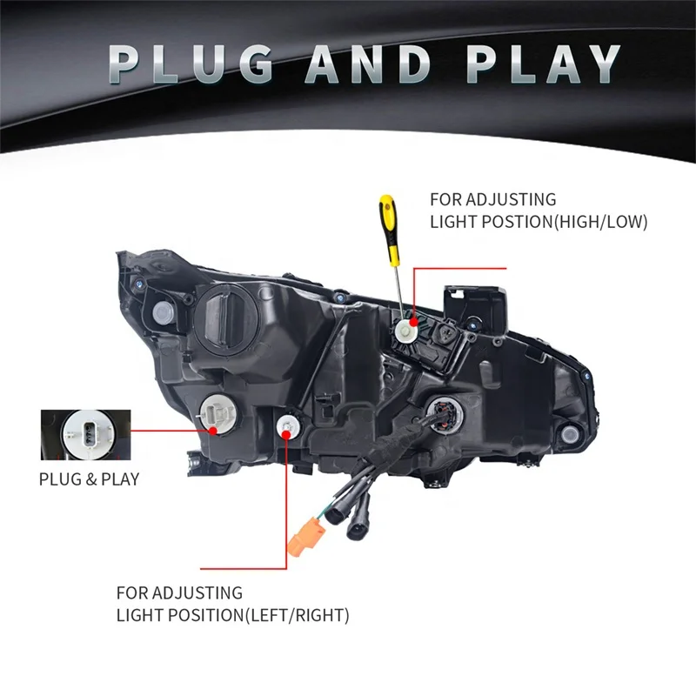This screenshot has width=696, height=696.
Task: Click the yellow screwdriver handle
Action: [x=385, y=222]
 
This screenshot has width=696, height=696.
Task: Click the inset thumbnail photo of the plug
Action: [x=84, y=432]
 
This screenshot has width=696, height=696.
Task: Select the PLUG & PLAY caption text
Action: [x=89, y=479]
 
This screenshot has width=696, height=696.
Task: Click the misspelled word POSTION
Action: [x=504, y=222]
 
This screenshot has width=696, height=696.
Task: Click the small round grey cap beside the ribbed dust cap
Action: [x=161, y=313]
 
